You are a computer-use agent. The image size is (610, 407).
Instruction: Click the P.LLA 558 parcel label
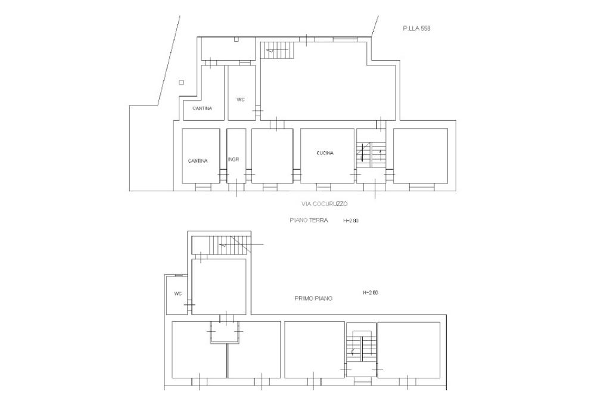(x=416, y=29)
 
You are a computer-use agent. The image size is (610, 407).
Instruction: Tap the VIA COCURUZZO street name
(x=325, y=204)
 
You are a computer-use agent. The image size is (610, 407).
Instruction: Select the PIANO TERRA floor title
(x=309, y=220)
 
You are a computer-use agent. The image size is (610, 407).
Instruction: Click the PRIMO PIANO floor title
(x=313, y=299)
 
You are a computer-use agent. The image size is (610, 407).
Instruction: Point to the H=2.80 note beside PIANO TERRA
(x=350, y=220)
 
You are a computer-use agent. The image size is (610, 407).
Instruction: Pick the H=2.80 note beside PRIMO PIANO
(x=371, y=292)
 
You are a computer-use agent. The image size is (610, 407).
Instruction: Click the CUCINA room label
(x=325, y=153)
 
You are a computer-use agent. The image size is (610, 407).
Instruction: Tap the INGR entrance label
(x=234, y=159)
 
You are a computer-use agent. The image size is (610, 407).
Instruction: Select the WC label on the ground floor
(x=241, y=100)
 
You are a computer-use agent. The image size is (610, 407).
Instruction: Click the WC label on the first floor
(x=178, y=294)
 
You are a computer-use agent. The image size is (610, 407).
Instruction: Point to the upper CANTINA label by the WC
(x=203, y=108)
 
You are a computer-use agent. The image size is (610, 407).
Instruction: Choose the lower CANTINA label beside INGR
(x=198, y=161)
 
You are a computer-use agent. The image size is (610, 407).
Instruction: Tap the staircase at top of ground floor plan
(x=277, y=51)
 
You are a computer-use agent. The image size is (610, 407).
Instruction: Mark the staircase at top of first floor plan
(x=228, y=244)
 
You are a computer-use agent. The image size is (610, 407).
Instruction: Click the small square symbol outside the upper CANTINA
(x=181, y=82)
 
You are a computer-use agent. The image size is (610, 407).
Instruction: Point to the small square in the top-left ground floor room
(x=236, y=39)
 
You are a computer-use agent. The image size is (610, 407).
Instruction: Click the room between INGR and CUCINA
(x=272, y=156)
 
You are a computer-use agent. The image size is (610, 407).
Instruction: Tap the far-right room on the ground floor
(x=420, y=156)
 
